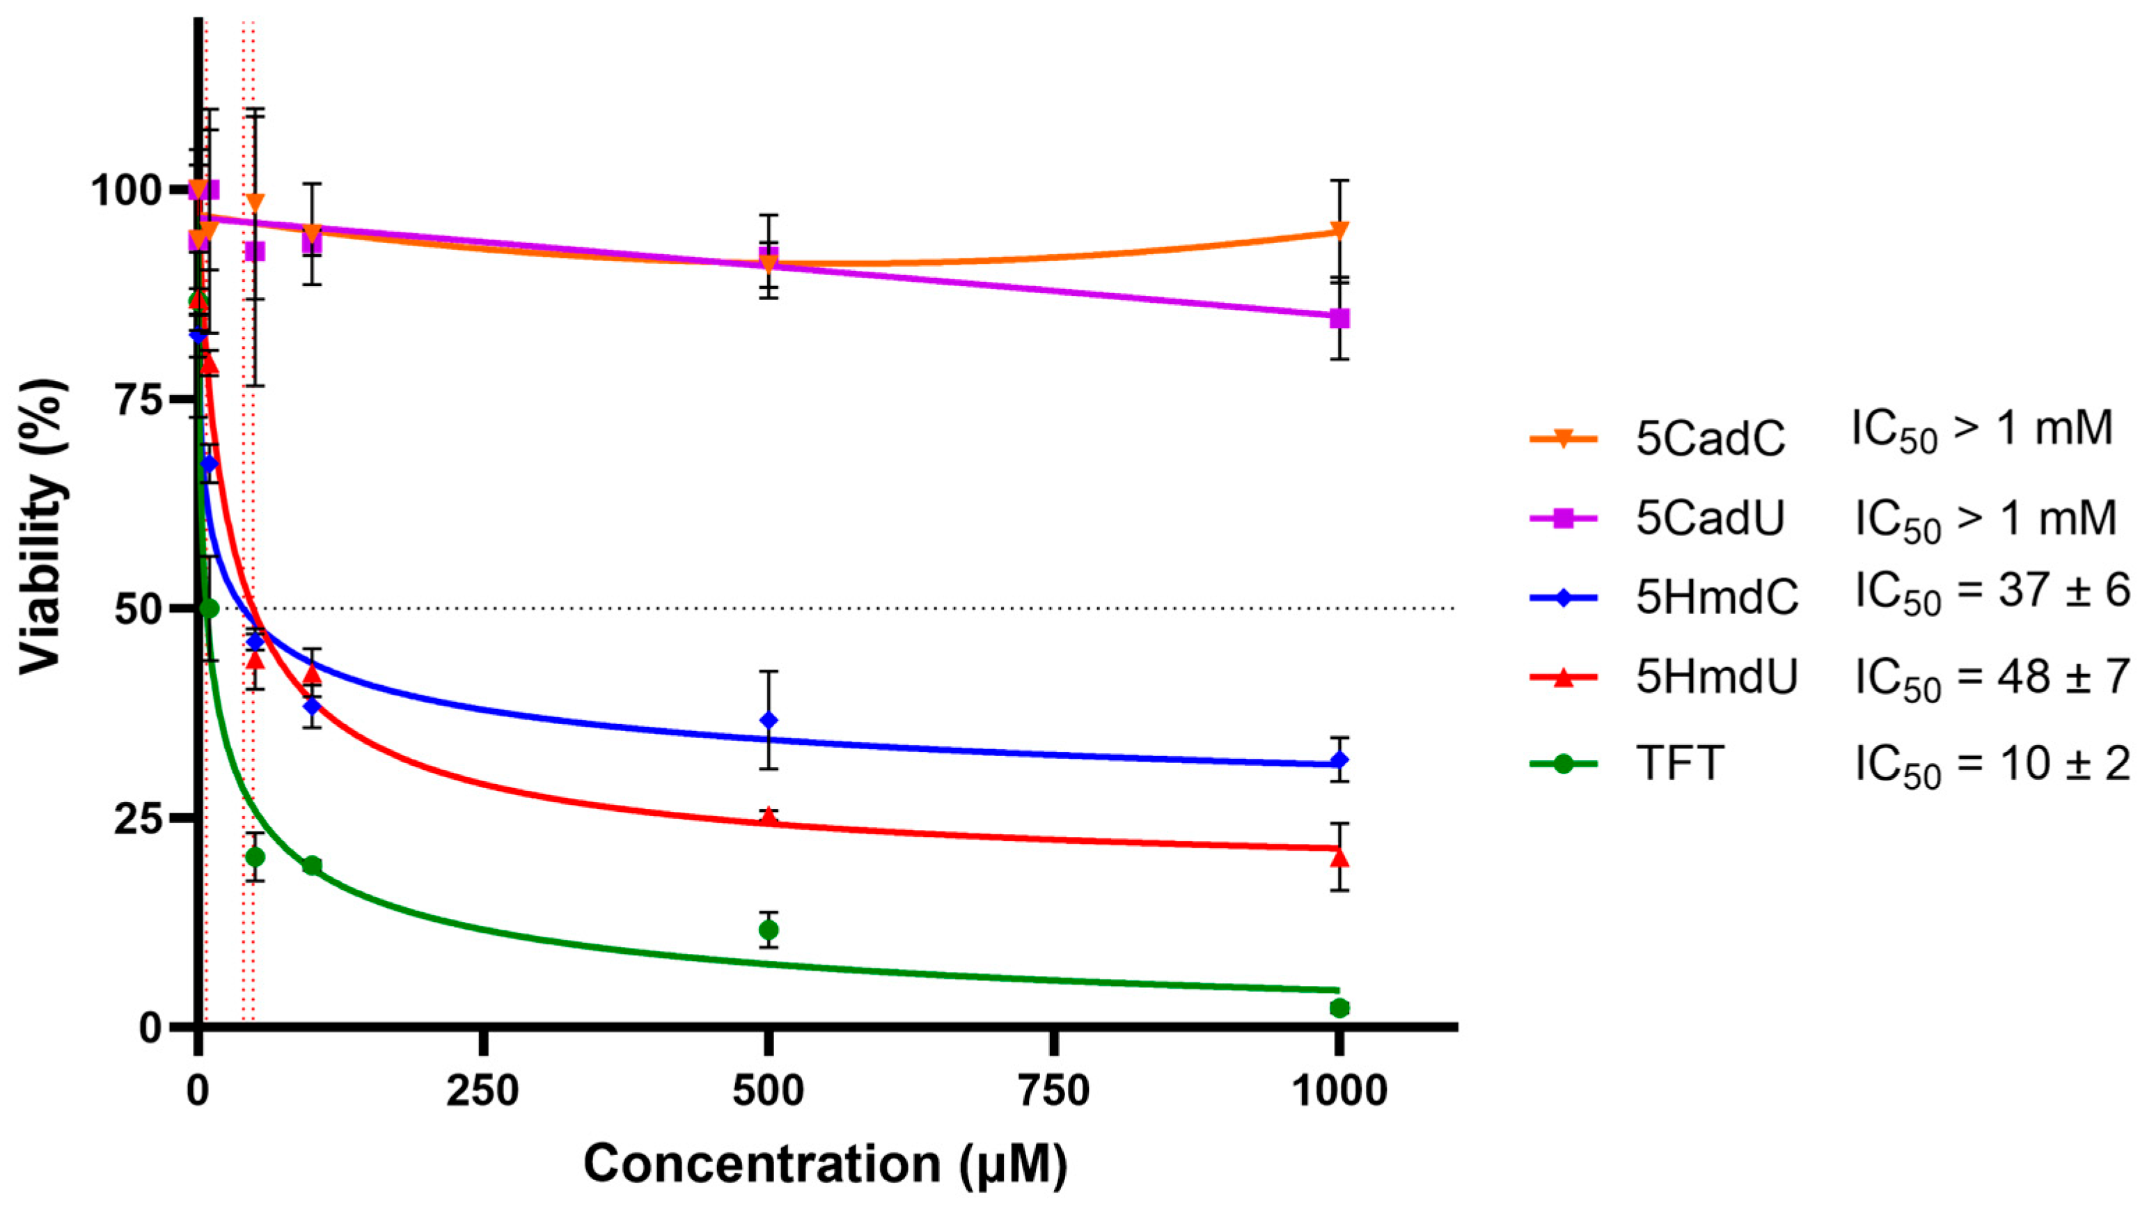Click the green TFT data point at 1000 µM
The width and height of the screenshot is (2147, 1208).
coord(1339,1008)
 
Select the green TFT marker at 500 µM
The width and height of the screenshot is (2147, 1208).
coord(769,929)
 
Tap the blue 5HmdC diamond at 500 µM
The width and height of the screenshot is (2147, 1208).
coord(769,721)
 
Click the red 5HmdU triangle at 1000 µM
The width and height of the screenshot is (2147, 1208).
coord(1339,858)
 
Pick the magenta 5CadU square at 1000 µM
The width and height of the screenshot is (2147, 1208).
coord(1339,318)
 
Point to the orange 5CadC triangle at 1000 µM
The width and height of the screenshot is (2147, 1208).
coord(1339,231)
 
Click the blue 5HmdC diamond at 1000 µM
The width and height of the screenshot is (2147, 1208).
coord(1339,760)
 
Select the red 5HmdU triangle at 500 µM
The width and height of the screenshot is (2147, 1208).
coord(769,818)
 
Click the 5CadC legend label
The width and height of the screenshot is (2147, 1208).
coord(1710,439)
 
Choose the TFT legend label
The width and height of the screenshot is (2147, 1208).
coord(1679,763)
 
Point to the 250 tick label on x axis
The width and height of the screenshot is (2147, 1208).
coord(482,1091)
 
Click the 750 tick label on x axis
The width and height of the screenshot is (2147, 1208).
coord(1054,1091)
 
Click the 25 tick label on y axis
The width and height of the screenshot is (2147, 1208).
coord(138,819)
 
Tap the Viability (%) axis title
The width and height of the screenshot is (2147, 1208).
coord(42,525)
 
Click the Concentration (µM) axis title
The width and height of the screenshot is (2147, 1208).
coord(825,1164)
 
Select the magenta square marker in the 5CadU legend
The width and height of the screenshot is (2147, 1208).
coord(1564,519)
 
